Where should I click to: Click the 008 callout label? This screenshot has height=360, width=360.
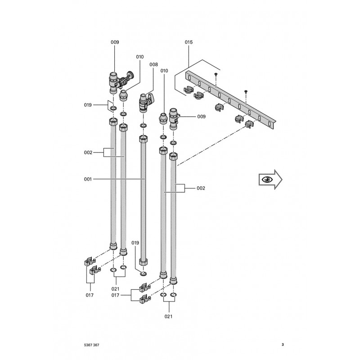[x=153, y=64]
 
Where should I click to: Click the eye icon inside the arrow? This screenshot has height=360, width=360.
[x=268, y=179]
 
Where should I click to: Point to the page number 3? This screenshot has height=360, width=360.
[x=283, y=345]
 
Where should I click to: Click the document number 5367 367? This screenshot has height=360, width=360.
[x=88, y=345]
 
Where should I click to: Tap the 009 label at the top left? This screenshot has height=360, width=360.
[x=115, y=42]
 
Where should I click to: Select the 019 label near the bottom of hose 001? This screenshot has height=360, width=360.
[x=135, y=243]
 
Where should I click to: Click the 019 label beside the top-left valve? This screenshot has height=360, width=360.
[x=88, y=105]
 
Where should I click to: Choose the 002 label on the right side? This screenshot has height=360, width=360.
[x=201, y=188]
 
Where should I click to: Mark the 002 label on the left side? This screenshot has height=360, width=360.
[x=88, y=153]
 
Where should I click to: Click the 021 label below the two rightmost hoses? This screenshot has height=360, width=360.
[x=168, y=316]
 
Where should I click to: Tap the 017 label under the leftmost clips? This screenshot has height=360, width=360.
[x=90, y=295]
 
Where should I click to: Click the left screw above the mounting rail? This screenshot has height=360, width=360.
[x=216, y=73]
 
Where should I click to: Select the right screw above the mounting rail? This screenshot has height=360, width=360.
[x=245, y=91]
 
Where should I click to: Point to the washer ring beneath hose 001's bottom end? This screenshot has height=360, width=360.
[x=143, y=273]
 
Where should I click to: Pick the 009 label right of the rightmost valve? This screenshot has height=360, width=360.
[x=202, y=117]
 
